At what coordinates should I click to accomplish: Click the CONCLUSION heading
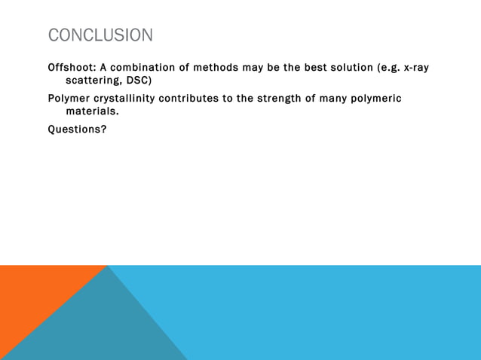[100, 35]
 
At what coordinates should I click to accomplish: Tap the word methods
[216, 68]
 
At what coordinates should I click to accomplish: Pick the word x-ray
[416, 68]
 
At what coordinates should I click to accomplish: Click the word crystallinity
[128, 99]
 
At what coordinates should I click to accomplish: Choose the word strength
[276, 99]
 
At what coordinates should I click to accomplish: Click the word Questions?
[77, 129]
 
